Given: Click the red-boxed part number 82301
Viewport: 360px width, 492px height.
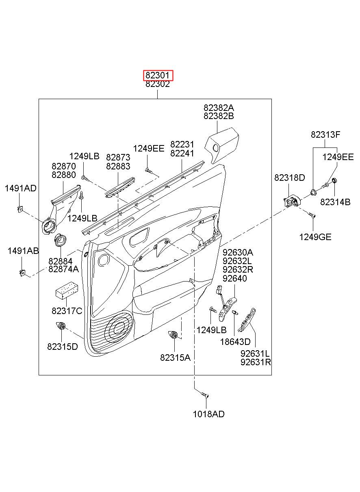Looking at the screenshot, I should coord(158,75).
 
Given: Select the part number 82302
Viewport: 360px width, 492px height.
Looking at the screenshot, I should coord(158,85).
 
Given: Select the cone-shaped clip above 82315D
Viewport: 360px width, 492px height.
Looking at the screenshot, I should coord(61,326).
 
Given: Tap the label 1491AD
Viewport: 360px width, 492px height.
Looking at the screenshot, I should coord(20,188).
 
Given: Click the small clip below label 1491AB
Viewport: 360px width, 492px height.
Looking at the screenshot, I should coord(22,273).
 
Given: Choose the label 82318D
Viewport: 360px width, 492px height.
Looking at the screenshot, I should coord(289,178).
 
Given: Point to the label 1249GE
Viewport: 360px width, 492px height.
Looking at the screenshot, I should coord(315,237).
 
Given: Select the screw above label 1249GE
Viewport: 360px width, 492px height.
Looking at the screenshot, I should coord(312,215).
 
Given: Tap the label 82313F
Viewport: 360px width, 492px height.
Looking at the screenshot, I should coord(325,134).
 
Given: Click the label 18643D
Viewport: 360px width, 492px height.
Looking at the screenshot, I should coord(235,342).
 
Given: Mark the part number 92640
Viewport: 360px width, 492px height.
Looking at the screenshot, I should coord(234,278).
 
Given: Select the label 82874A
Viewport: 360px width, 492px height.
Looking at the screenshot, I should coord(63,269).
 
